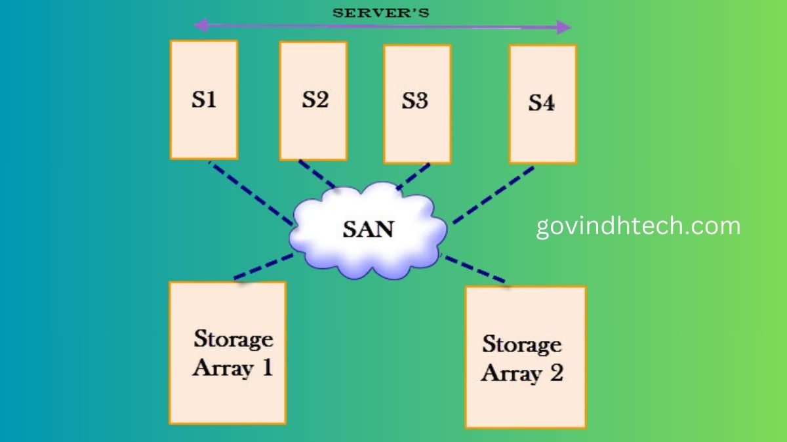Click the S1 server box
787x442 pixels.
203,100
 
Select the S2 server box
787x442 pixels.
313,100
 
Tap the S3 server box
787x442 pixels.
417,104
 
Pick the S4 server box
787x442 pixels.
542,104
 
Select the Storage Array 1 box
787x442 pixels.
227,353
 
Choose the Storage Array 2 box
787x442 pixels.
525,357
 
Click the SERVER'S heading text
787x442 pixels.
381,12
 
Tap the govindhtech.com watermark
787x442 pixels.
638,226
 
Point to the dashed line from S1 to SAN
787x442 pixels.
251,193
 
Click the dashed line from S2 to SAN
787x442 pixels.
318,174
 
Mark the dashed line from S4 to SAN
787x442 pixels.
492,195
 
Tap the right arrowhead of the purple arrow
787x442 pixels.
563,28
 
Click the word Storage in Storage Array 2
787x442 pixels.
522,344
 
